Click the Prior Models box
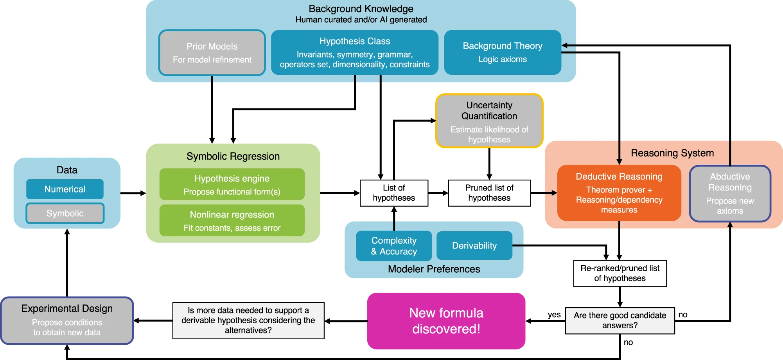(212, 53)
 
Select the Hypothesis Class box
(355, 52)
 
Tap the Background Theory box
(503, 52)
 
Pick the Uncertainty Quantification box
(489, 121)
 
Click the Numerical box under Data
(65, 189)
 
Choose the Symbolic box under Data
(65, 213)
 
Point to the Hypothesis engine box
(232, 184)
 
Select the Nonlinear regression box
(232, 220)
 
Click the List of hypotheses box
(394, 193)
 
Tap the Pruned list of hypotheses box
(489, 193)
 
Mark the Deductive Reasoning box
(619, 193)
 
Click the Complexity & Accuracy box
(394, 246)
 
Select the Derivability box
(474, 246)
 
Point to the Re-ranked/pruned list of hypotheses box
(620, 274)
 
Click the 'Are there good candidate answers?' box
(620, 320)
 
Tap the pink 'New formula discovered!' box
(446, 321)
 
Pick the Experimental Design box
(67, 320)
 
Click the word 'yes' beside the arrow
(554, 315)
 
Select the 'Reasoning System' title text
(672, 153)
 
